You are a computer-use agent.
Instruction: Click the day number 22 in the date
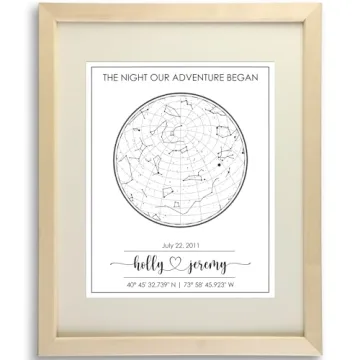[182, 245]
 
